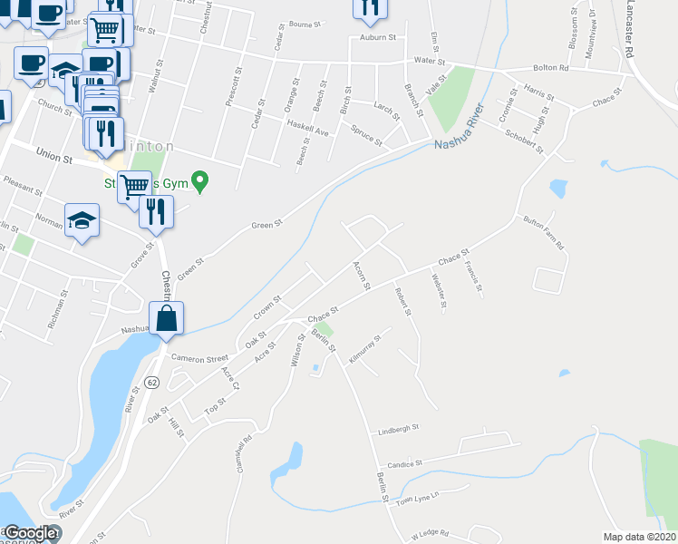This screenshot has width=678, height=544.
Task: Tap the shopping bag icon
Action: tap(167, 319)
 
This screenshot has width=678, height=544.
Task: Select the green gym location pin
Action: tap(203, 184)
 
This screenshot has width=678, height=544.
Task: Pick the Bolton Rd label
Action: tap(550, 68)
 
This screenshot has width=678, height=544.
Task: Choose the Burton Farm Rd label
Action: tap(544, 232)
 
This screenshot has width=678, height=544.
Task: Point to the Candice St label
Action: tap(407, 463)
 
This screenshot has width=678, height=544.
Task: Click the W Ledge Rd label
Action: tap(430, 534)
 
